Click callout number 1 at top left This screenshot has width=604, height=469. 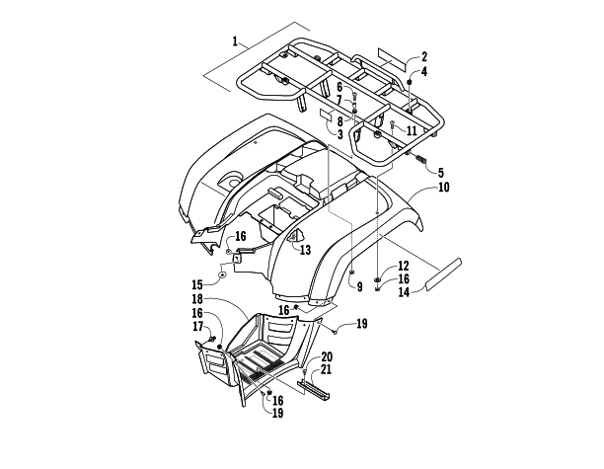(x=235, y=41)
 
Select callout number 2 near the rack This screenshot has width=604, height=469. (x=423, y=56)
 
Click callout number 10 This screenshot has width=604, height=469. (x=444, y=186)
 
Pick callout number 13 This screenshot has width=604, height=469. (x=305, y=250)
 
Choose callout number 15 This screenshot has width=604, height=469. (x=224, y=283)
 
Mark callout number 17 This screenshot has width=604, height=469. (x=197, y=326)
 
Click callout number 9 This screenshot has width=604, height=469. (x=358, y=286)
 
